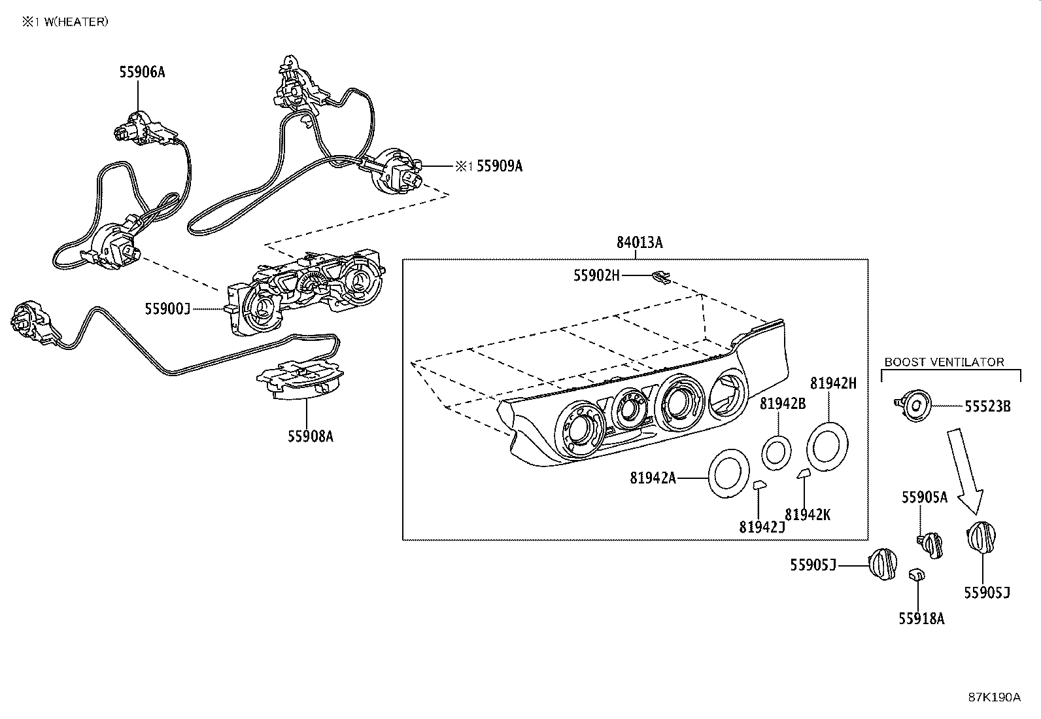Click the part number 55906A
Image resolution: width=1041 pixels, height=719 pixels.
click(x=142, y=72)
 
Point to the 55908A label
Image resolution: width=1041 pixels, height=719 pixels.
click(x=310, y=436)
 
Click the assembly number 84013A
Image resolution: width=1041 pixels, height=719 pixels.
click(x=639, y=243)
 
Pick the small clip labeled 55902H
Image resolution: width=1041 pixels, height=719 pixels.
click(x=661, y=277)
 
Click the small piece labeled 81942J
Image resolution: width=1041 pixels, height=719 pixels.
click(x=759, y=485)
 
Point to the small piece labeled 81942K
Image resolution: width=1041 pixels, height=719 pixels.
click(x=803, y=474)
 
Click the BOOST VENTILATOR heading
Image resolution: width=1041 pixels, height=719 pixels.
click(x=944, y=362)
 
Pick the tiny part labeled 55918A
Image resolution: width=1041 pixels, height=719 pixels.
click(x=916, y=574)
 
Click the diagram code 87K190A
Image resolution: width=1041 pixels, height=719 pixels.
click(x=994, y=697)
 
